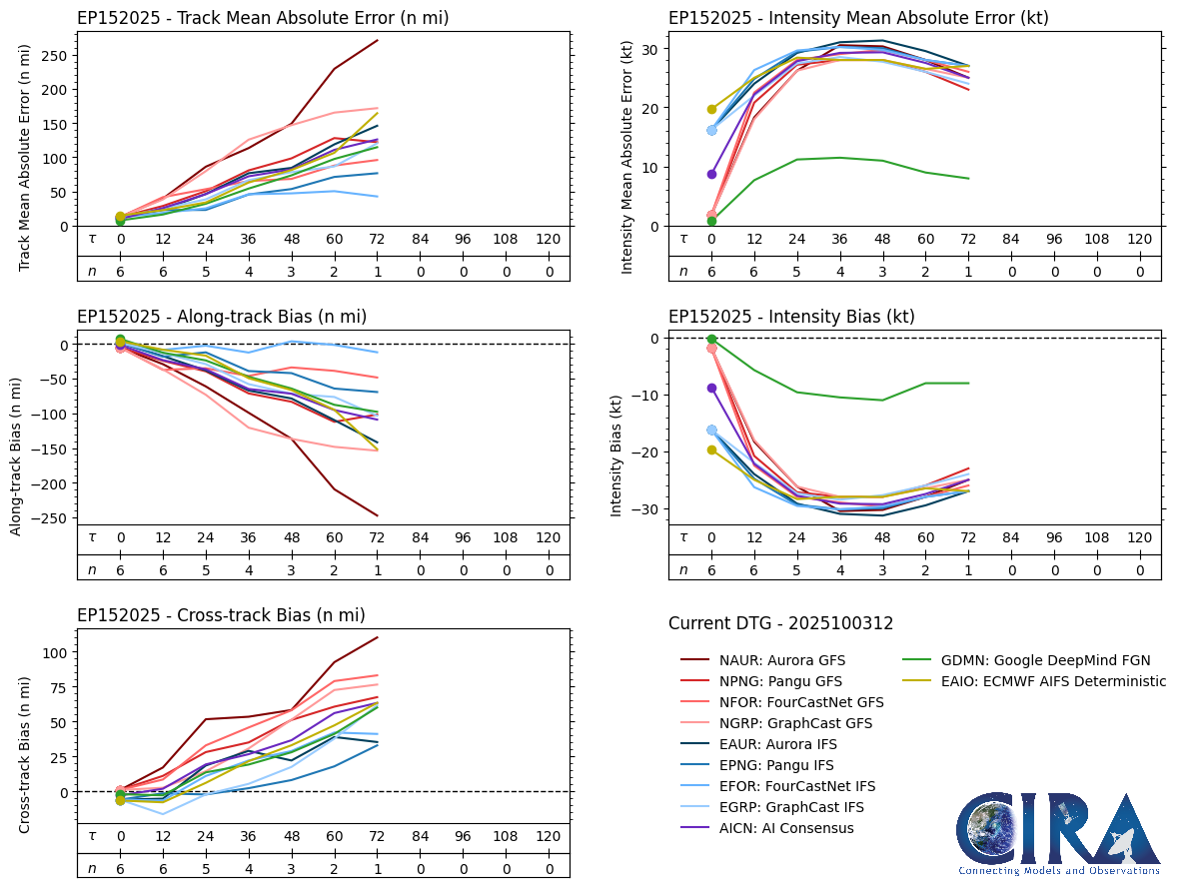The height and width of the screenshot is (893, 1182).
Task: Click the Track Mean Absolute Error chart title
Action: pyautogui.click(x=263, y=18)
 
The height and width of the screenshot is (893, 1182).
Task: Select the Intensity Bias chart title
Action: pyautogui.click(x=791, y=317)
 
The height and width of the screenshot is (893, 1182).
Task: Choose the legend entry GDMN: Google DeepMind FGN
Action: pyautogui.click(x=1026, y=660)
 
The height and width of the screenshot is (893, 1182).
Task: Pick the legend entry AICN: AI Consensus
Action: pyautogui.click(x=786, y=828)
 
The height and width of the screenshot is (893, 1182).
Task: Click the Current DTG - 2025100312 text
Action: pyautogui.click(x=780, y=624)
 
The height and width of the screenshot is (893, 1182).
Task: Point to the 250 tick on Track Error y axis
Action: pyautogui.click(x=56, y=54)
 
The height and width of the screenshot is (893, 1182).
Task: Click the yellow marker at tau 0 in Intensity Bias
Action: pyautogui.click(x=711, y=450)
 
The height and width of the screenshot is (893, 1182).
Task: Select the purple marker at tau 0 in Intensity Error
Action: pyautogui.click(x=711, y=174)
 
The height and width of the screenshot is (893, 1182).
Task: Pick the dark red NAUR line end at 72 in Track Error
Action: pyautogui.click(x=377, y=41)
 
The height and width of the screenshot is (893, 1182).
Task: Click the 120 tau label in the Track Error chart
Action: pyautogui.click(x=548, y=240)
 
